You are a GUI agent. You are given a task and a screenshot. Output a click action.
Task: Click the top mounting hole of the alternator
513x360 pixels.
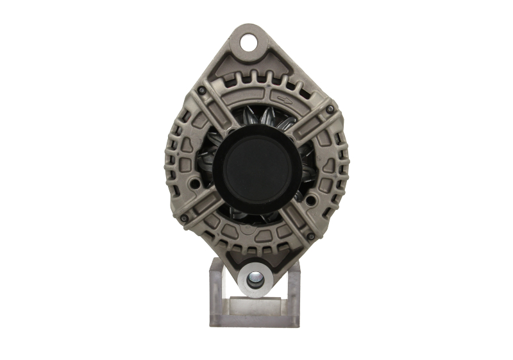[x=248, y=43]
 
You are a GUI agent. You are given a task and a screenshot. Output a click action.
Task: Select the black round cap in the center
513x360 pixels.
[x=257, y=165]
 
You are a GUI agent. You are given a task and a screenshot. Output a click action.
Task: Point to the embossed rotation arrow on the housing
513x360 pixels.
[x=285, y=98]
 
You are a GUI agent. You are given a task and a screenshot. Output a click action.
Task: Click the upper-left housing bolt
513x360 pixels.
[x=201, y=90]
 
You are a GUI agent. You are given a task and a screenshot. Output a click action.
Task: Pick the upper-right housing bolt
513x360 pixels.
[x=330, y=109]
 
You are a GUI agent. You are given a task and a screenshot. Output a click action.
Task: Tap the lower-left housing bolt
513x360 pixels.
[x=184, y=218]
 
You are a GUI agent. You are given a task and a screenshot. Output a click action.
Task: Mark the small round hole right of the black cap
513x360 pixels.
[x=311, y=200]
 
